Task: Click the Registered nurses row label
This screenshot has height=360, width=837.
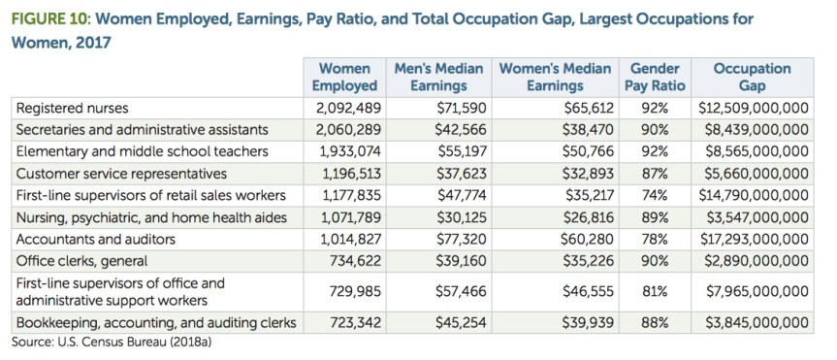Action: [x=74, y=107]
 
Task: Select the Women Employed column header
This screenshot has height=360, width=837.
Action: [x=344, y=77]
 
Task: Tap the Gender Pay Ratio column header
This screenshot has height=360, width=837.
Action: [x=655, y=77]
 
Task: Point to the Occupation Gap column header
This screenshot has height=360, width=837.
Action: [x=752, y=77]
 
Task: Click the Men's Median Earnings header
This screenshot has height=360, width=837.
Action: [x=438, y=77]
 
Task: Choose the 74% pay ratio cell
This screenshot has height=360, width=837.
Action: [x=655, y=196]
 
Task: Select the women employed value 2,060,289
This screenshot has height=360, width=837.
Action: [x=348, y=129]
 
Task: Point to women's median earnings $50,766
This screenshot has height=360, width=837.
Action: [x=588, y=151]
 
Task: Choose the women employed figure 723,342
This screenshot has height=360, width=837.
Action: [x=352, y=322]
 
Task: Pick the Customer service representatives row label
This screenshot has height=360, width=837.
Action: [x=121, y=174]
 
